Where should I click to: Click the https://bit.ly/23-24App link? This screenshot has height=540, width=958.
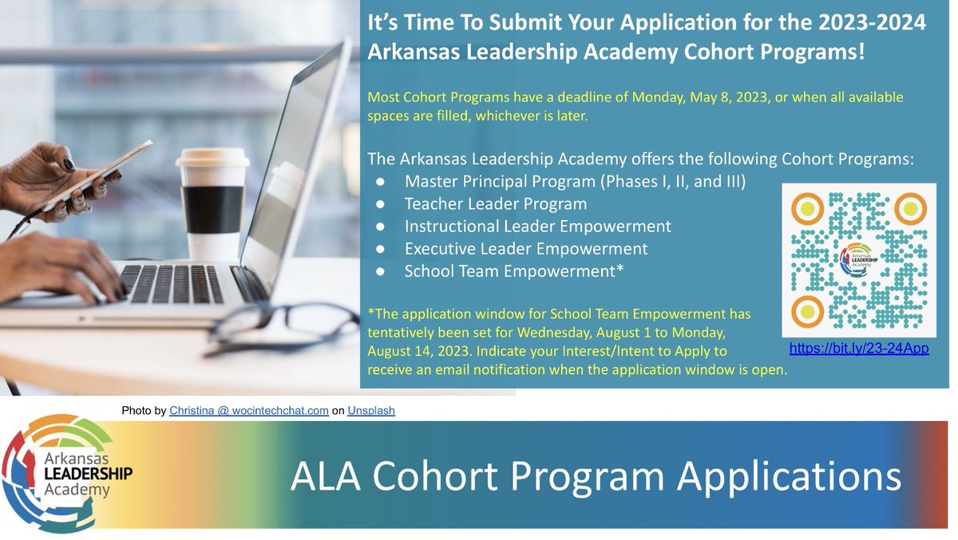(859, 349)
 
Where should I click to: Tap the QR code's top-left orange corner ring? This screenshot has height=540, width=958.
(807, 209)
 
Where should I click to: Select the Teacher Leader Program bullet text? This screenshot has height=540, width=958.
(495, 203)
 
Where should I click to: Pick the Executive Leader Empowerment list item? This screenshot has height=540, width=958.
(525, 249)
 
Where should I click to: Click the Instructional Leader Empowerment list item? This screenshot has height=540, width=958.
(537, 226)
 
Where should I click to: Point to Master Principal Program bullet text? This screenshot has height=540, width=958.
(575, 181)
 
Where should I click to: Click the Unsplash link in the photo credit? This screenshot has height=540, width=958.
(371, 411)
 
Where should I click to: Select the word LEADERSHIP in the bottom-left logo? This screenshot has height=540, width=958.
(82, 473)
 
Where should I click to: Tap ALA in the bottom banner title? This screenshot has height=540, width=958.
(324, 476)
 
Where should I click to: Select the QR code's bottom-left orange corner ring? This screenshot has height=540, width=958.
(807, 310)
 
